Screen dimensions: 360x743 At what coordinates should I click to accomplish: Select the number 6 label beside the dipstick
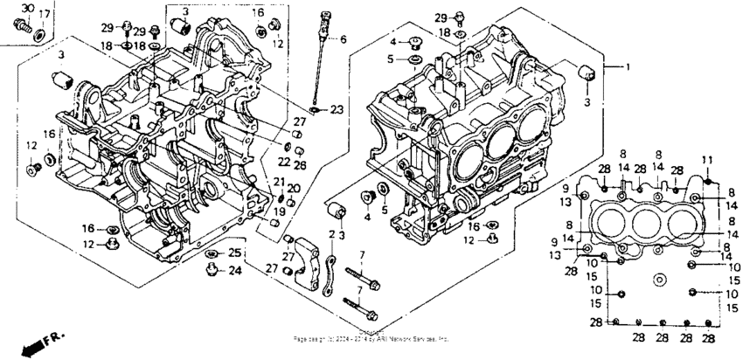coord(344,39)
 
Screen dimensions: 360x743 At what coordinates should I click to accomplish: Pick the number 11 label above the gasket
coord(707,159)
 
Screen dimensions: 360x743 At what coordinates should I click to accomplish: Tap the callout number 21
coord(280,181)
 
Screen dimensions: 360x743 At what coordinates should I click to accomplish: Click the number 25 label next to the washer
coord(234,253)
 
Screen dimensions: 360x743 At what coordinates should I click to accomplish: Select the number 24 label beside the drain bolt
coord(234,271)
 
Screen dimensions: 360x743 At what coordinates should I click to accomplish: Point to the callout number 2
coord(332,234)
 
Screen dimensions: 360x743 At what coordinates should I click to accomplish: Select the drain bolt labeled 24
coord(211,272)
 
